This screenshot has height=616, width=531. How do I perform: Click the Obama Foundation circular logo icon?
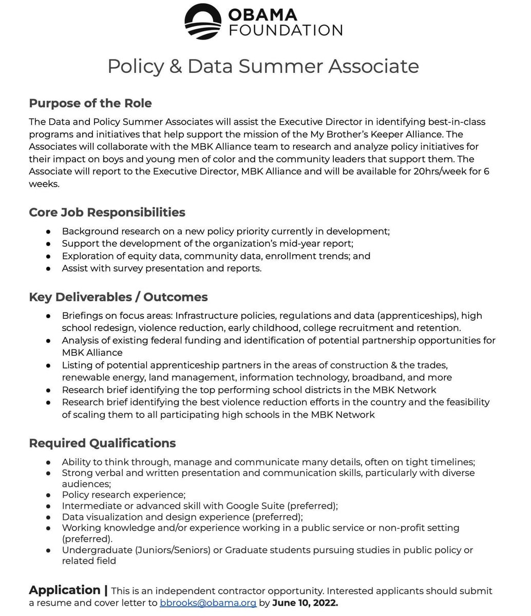(204, 21)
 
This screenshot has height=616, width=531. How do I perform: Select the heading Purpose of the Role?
(90, 103)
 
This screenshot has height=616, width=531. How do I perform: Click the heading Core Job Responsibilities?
(107, 212)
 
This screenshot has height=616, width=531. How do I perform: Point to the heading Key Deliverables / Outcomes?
(118, 297)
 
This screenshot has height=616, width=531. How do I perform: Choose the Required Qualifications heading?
(102, 443)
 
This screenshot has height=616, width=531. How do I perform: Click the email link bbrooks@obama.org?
(208, 603)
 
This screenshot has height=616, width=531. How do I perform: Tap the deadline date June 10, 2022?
(305, 603)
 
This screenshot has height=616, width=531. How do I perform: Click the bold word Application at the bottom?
(65, 590)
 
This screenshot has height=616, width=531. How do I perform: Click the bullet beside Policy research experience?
(48, 495)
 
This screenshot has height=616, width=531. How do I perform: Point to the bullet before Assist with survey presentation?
(48, 268)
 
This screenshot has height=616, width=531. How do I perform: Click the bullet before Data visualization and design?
(48, 517)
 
